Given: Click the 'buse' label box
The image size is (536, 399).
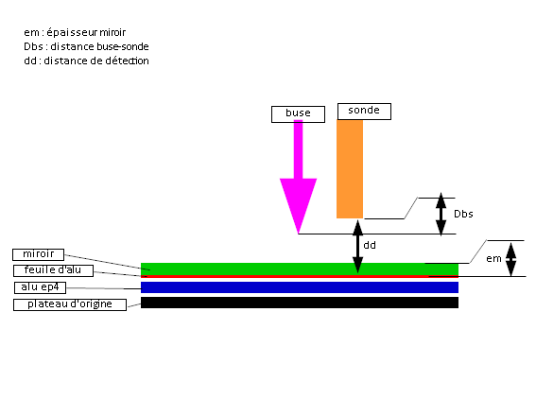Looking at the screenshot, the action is coord(298,114).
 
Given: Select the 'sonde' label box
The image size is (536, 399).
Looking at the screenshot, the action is coord(364,112).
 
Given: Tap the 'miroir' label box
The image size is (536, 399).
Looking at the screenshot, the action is coord(38,254).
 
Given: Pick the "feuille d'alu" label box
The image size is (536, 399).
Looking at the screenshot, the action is coord(53,270).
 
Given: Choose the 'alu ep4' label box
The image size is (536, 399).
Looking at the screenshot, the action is coord(41,287).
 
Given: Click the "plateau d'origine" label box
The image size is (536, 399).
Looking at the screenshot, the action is coord(70,304).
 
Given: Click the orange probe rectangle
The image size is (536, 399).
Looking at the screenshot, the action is coord(350,169).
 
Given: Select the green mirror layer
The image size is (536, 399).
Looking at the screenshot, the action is coord(300,269).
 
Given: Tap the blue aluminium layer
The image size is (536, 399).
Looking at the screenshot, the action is coord(300,287).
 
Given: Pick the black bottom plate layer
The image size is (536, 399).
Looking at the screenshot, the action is coord(300,303).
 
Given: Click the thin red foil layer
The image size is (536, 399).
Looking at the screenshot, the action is coord(300,276).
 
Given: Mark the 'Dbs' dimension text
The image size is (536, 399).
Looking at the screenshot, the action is coord(463,214).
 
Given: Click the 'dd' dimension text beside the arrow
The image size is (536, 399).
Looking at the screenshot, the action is coord(370,245).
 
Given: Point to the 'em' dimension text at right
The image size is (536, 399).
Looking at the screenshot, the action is coord(493,259).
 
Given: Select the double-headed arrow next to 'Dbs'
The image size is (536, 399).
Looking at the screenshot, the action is coord(441,214).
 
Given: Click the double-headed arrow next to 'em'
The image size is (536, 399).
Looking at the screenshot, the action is coord(510,259).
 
